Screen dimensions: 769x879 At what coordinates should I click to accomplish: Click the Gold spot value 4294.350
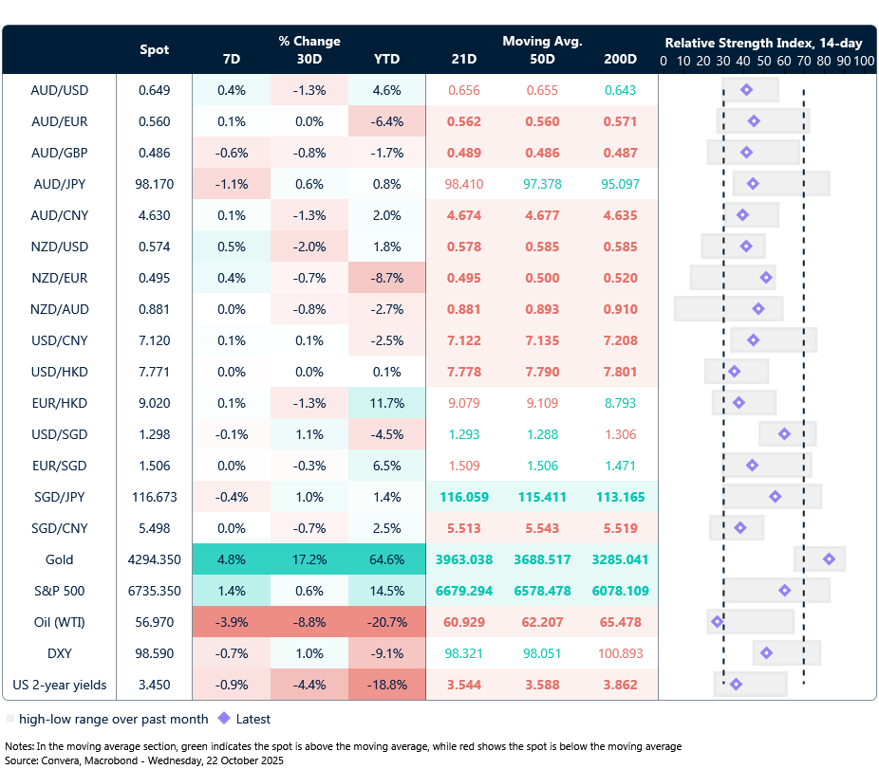point(155,559)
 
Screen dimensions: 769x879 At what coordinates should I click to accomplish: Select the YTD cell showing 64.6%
point(386,559)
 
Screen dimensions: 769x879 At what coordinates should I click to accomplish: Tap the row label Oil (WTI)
point(59,622)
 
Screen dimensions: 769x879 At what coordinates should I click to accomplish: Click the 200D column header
point(620,59)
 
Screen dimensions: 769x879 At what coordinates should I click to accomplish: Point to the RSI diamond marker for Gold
point(829,559)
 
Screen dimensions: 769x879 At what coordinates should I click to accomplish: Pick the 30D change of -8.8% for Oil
point(309,622)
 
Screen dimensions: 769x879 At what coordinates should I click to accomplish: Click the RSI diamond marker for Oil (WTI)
point(718,622)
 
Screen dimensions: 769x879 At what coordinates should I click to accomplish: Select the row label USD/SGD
point(59,434)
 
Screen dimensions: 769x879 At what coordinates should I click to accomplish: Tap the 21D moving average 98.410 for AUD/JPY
point(464,184)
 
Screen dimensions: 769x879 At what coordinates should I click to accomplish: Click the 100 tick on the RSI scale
point(863,61)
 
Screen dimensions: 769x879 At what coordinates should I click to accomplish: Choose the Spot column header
point(155,49)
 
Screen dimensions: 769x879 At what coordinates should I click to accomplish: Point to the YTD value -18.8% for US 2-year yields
point(386,685)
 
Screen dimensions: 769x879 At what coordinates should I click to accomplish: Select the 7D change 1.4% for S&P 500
point(232,591)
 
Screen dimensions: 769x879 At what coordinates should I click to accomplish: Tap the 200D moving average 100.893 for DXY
point(620,653)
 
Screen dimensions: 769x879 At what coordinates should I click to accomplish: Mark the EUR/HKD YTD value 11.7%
point(386,403)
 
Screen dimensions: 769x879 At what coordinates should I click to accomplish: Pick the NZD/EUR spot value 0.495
point(155,278)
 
